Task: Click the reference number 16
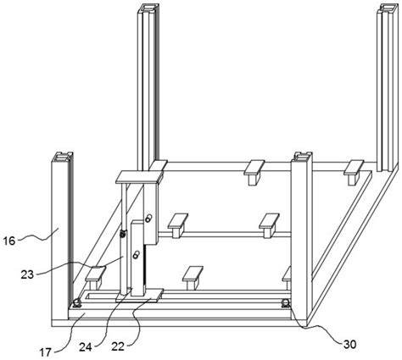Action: tap(8, 241)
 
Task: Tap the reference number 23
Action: tap(27, 274)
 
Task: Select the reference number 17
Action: tap(45, 352)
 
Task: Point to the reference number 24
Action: tap(85, 347)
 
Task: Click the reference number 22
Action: tap(118, 346)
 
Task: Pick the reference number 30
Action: tap(349, 344)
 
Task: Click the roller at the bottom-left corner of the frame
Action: tap(76, 303)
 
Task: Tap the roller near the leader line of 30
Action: tap(286, 303)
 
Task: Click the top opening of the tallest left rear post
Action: tap(148, 8)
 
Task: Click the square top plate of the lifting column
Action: tap(139, 177)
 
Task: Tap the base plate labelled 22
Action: tap(139, 296)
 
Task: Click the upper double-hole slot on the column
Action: tap(148, 219)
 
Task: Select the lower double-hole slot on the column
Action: tap(136, 255)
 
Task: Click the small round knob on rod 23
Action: tap(123, 234)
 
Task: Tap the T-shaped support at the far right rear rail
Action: tap(354, 172)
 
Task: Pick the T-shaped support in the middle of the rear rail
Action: tap(254, 172)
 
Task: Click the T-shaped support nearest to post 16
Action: tap(95, 278)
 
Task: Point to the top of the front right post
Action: tap(303, 157)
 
